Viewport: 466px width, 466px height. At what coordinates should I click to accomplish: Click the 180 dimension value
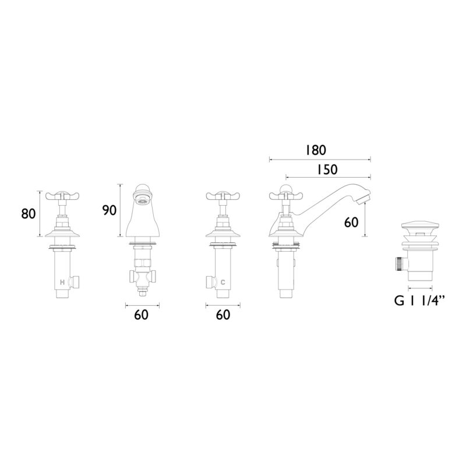coord(315,150)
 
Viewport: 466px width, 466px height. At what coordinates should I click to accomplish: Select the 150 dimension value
coord(326,170)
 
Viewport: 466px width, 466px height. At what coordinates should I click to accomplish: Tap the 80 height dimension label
coord(29,214)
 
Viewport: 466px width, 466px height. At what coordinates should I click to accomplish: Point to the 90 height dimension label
coord(109,210)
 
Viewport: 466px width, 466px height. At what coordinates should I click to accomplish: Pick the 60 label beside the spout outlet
coord(351,223)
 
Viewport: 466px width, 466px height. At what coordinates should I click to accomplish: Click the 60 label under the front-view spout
coord(141,315)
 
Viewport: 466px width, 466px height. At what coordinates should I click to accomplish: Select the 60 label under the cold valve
coord(223,315)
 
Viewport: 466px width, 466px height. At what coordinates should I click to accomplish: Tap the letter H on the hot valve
coord(62,282)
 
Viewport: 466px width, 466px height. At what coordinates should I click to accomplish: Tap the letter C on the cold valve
coord(223,282)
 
